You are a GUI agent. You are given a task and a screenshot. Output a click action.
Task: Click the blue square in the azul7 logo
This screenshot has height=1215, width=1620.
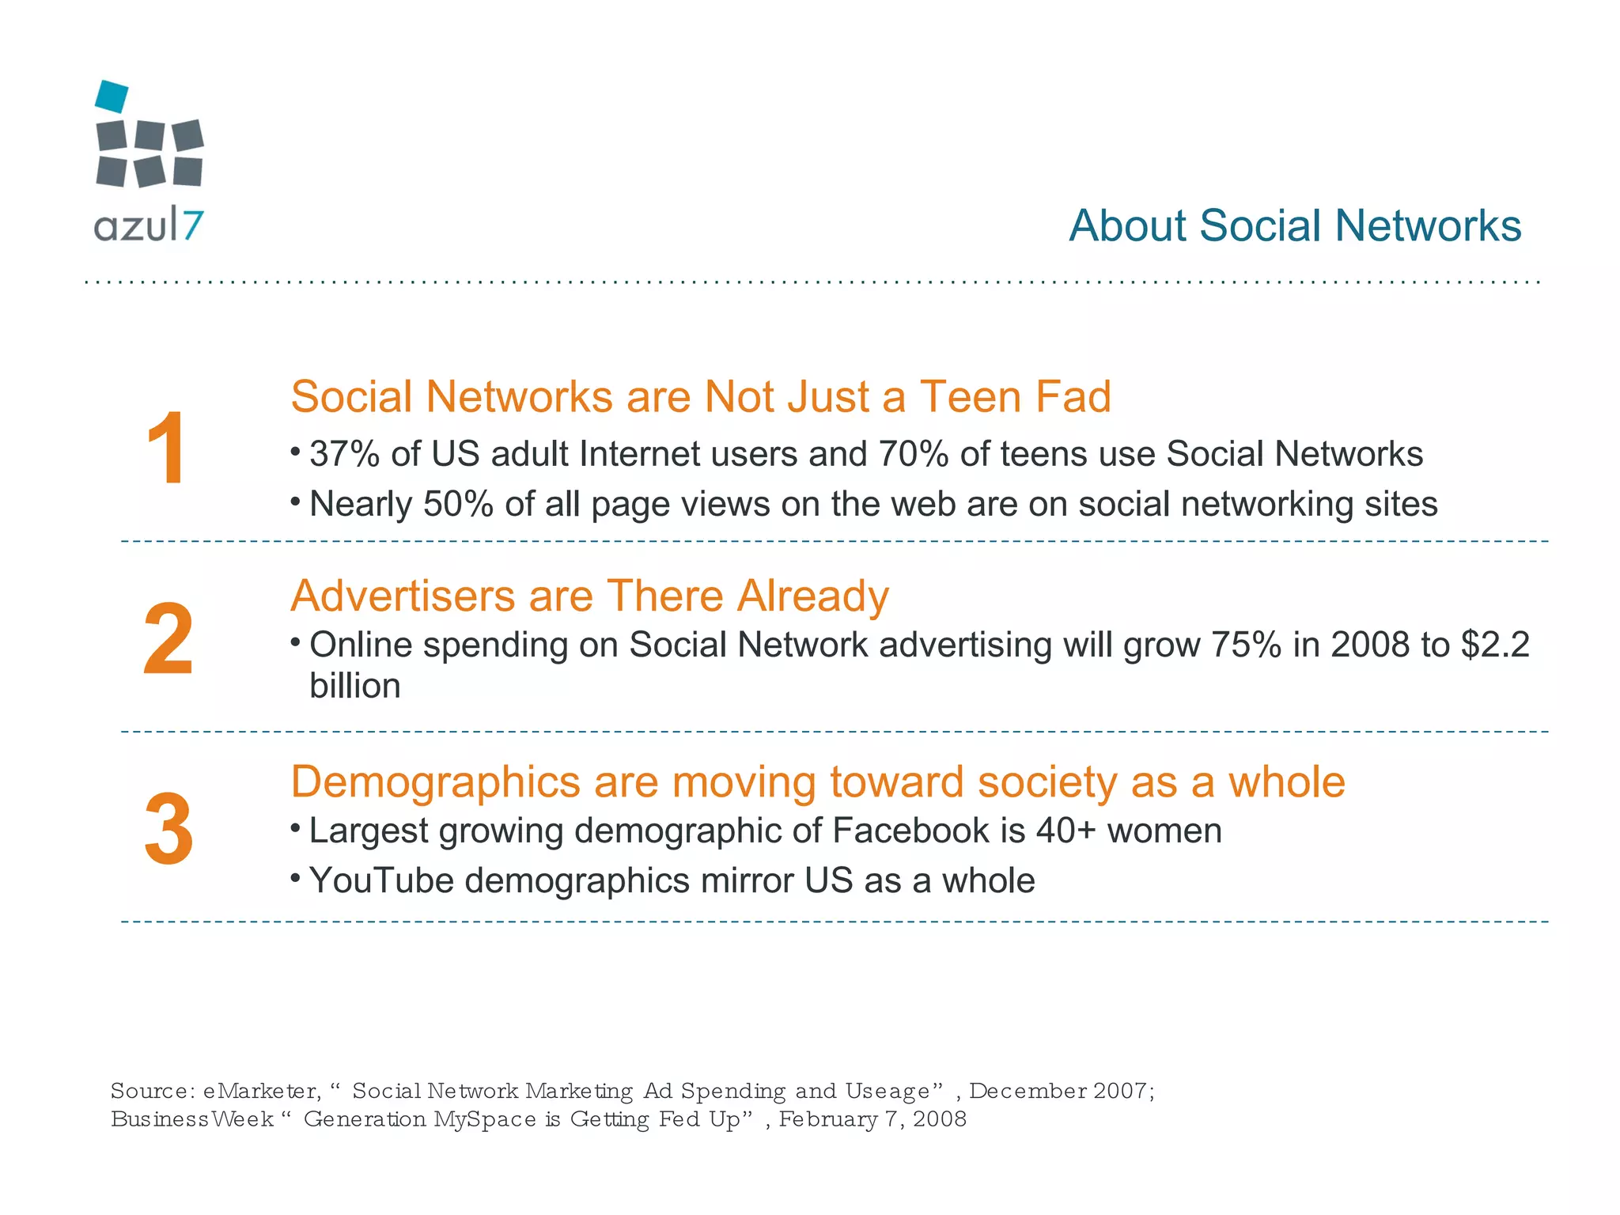click(112, 96)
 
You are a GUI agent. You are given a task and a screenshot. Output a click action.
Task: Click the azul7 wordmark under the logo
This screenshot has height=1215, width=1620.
click(149, 226)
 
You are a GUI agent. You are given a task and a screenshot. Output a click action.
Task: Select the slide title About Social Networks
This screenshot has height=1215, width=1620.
click(1294, 225)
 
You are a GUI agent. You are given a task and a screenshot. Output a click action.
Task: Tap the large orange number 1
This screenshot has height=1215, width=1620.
click(166, 449)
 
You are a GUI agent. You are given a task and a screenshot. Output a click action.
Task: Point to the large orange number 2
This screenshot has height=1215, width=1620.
click(168, 638)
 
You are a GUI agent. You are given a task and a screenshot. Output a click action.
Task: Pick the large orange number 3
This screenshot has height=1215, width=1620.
click(168, 829)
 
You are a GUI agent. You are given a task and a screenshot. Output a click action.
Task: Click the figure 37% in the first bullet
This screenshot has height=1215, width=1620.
click(344, 454)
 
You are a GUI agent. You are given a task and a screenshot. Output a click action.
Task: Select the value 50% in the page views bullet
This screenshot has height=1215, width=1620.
click(458, 504)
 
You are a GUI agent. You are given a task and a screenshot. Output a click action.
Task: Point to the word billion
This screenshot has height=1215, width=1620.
click(355, 686)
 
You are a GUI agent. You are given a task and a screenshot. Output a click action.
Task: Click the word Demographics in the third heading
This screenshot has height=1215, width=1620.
click(435, 782)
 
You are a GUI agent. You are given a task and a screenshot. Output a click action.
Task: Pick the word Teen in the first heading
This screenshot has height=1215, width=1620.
click(970, 396)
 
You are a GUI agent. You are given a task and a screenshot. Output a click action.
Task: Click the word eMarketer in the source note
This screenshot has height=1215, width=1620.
click(262, 1092)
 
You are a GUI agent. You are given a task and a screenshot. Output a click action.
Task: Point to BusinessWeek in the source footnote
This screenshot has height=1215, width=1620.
click(191, 1119)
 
